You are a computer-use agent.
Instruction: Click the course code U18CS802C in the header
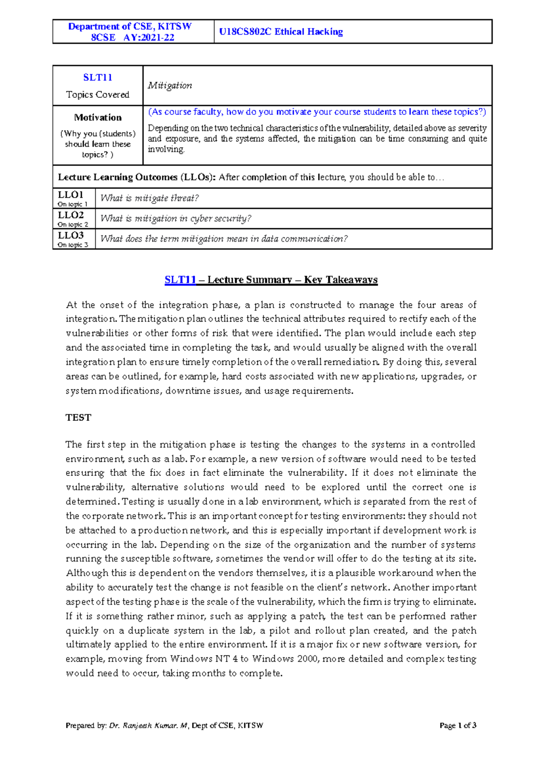(x=245, y=32)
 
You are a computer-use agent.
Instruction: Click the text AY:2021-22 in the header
(x=149, y=37)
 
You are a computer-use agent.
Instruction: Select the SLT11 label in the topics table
(x=98, y=78)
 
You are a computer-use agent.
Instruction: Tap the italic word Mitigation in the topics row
(x=170, y=85)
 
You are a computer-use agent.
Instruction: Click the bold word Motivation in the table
(x=98, y=117)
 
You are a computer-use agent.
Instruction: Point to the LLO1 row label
(x=70, y=195)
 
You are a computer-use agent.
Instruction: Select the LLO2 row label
(x=70, y=215)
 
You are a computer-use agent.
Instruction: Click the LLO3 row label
(x=70, y=235)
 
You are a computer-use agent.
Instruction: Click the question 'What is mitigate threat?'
(x=150, y=198)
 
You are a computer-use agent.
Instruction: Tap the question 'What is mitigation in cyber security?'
(x=176, y=218)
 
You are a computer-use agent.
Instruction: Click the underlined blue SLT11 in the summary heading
(x=180, y=280)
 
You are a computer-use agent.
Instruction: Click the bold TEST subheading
(x=78, y=417)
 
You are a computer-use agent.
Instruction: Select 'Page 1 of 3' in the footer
(x=458, y=725)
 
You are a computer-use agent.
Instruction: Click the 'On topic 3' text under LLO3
(x=73, y=245)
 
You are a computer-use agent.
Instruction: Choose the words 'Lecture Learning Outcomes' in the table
(x=117, y=177)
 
